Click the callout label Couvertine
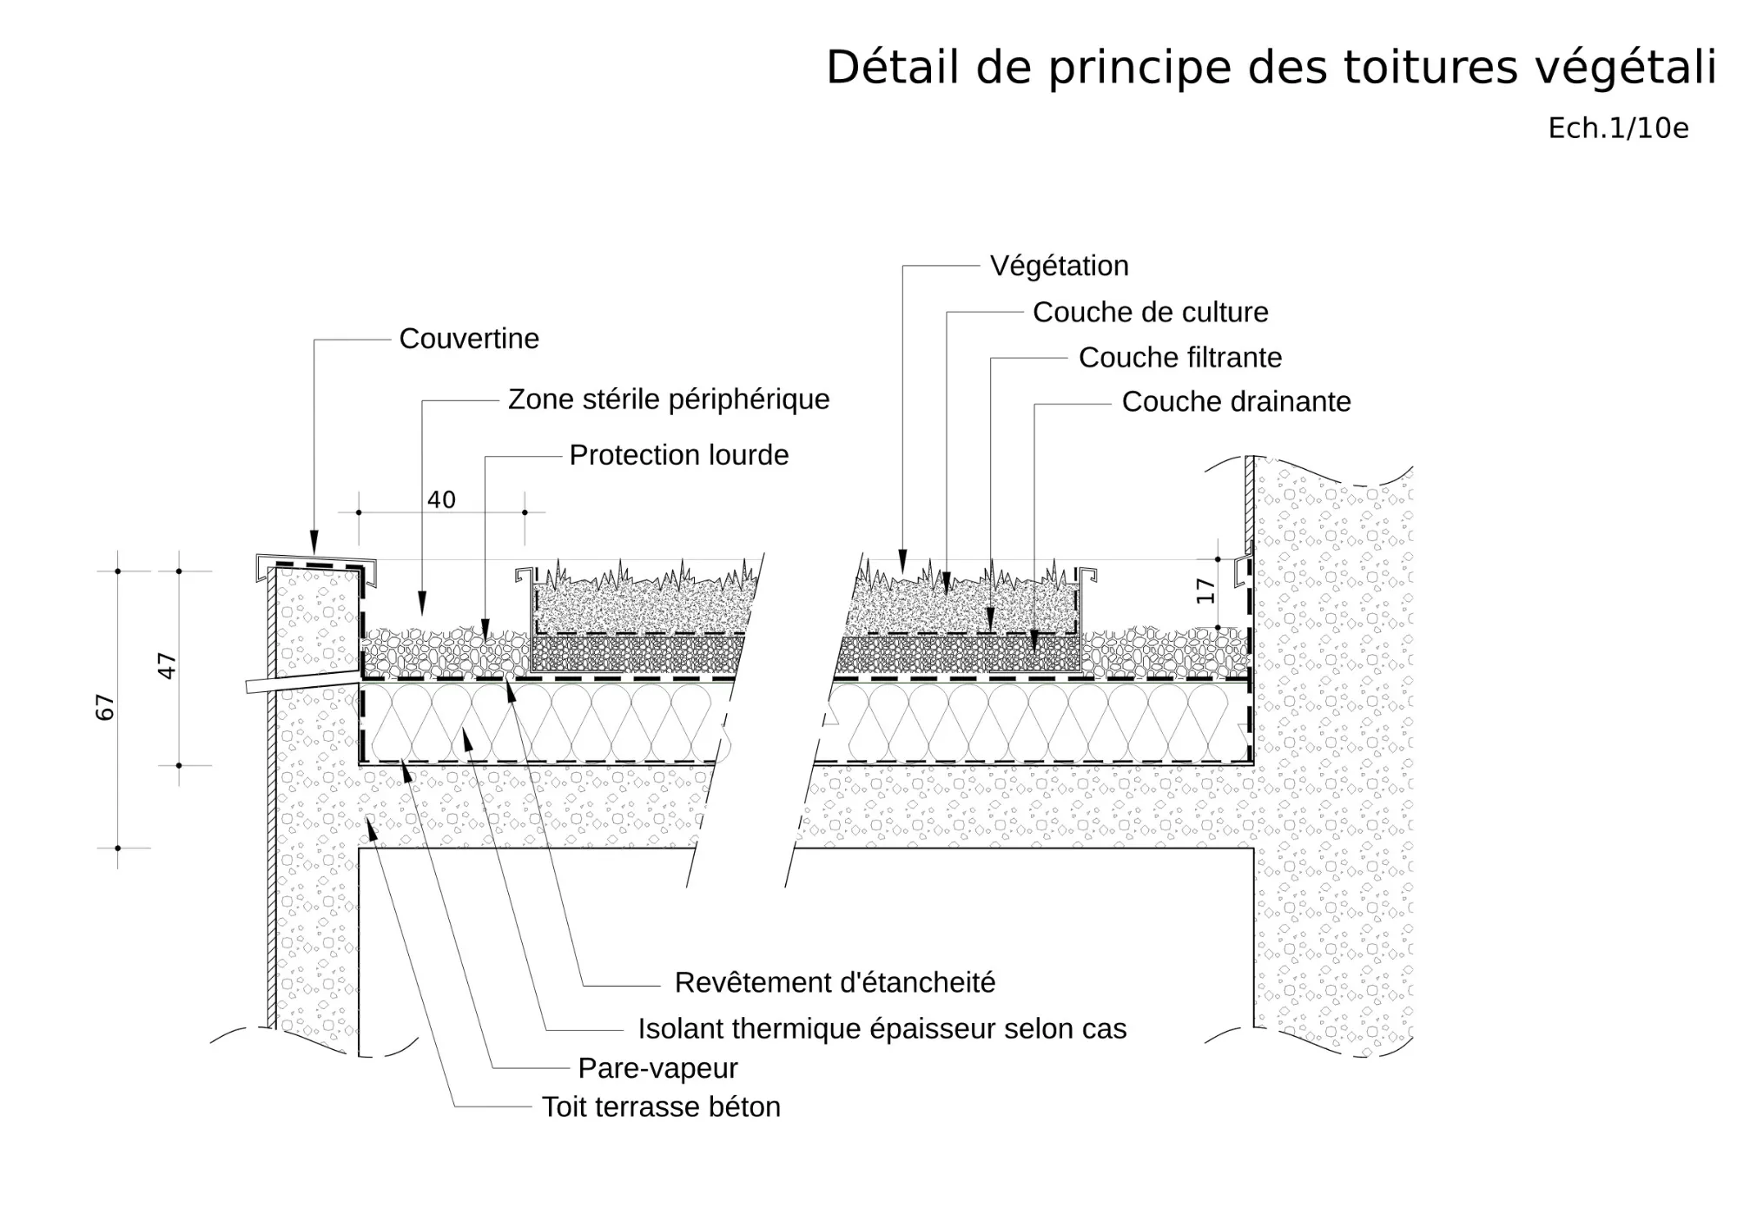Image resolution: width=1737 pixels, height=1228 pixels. pyautogui.click(x=469, y=339)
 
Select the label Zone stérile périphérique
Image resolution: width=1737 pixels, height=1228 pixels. pyautogui.click(x=669, y=399)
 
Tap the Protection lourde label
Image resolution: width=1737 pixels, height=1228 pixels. pyautogui.click(x=679, y=455)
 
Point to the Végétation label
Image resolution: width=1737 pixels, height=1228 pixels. pyautogui.click(x=1060, y=266)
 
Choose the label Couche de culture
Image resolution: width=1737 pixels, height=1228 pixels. pyautogui.click(x=1151, y=312)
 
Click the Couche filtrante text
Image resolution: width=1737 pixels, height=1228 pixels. pyautogui.click(x=1180, y=357)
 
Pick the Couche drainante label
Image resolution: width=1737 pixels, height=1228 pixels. pyautogui.click(x=1237, y=401)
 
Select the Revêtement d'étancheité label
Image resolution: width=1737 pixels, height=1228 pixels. pyautogui.click(x=835, y=982)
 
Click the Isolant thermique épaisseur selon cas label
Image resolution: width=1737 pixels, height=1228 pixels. pyautogui.click(x=882, y=1028)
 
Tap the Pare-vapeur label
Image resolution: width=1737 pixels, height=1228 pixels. pyautogui.click(x=658, y=1068)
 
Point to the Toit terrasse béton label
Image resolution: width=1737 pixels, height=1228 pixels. pyautogui.click(x=661, y=1106)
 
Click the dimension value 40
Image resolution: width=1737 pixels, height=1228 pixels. pyautogui.click(x=441, y=499)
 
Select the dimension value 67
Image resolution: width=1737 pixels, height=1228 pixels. pyautogui.click(x=104, y=707)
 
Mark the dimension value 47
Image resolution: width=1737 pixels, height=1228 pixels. pyautogui.click(x=166, y=666)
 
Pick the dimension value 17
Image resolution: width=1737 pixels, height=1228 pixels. pyautogui.click(x=1205, y=591)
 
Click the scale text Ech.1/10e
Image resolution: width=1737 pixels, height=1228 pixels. pyautogui.click(x=1618, y=129)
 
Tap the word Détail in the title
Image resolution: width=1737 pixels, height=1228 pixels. pyautogui.click(x=893, y=67)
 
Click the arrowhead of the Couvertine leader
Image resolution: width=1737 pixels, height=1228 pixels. pyautogui.click(x=314, y=543)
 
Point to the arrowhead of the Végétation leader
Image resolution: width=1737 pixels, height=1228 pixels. pyautogui.click(x=903, y=562)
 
